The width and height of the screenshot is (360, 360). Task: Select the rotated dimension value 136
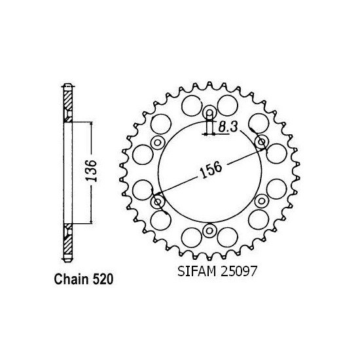[92, 171]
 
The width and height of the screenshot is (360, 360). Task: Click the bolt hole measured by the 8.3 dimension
[209, 113]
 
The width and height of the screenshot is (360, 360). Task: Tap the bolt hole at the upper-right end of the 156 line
[261, 142]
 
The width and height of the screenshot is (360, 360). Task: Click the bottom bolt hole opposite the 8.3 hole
[209, 230]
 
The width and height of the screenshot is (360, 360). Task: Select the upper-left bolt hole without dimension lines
[157, 142]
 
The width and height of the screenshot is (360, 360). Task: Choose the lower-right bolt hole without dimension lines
[261, 201]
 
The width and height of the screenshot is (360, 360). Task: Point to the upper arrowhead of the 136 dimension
[90, 124]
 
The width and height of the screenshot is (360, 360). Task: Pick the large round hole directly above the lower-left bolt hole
[143, 189]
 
